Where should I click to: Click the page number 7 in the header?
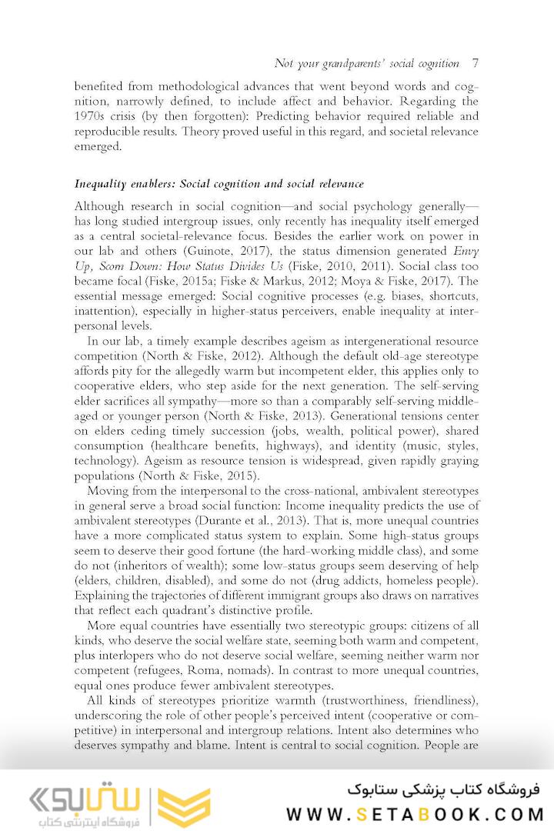click(x=475, y=63)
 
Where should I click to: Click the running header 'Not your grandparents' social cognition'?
click(x=366, y=63)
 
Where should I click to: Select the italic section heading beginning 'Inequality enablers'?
click(x=219, y=185)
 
